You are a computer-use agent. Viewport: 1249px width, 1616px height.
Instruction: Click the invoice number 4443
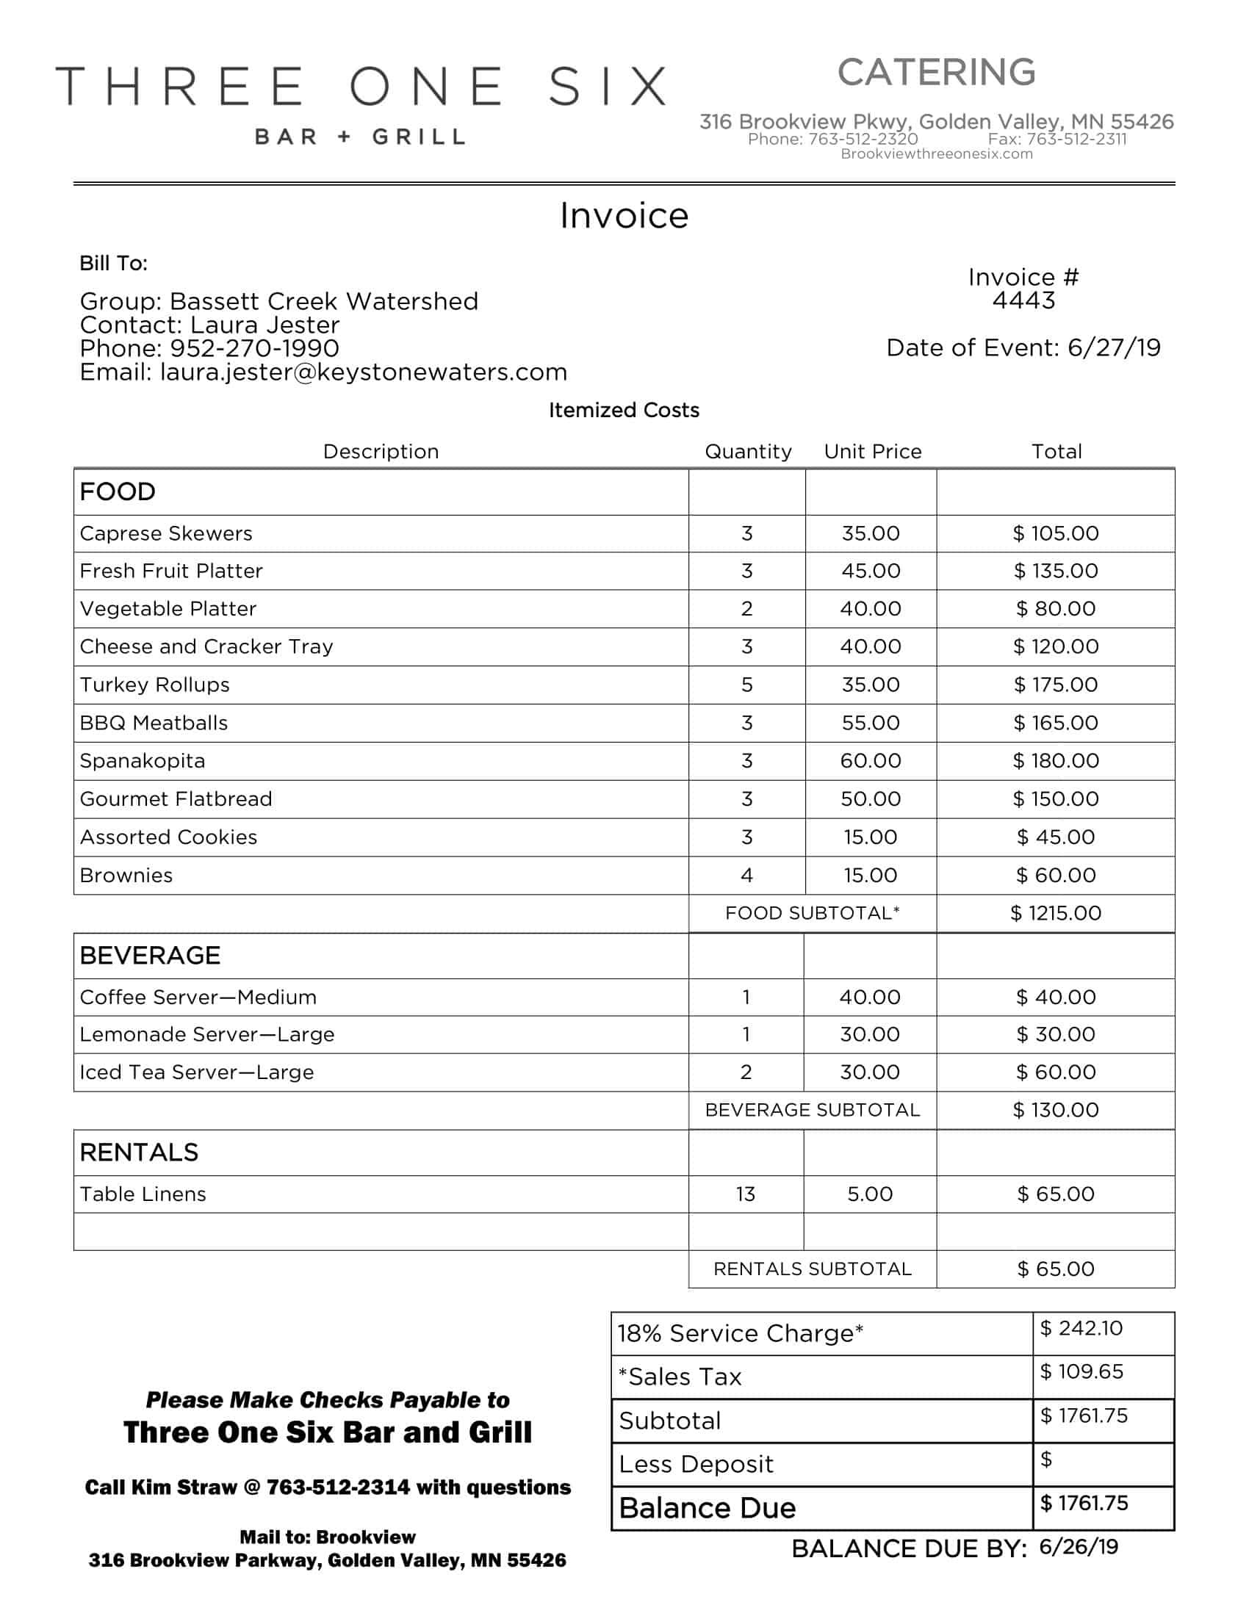click(x=1023, y=300)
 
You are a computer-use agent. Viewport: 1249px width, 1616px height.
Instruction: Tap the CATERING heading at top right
click(x=936, y=73)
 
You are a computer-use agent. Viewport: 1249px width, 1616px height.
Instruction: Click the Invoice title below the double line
click(x=624, y=216)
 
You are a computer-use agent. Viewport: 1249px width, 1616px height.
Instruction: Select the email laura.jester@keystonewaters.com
click(x=363, y=372)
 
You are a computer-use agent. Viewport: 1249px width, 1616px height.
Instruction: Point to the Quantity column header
click(x=747, y=451)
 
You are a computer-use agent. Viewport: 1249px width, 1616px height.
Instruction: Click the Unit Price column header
click(x=872, y=451)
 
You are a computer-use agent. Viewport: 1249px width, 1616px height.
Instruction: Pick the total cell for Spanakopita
click(x=1055, y=761)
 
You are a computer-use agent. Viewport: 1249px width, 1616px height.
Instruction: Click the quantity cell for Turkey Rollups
click(x=746, y=685)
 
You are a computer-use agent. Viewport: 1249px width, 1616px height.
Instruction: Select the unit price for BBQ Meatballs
click(x=870, y=723)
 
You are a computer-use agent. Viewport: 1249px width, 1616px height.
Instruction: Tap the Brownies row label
click(x=126, y=876)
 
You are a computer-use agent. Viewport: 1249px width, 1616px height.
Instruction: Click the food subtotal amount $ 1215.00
click(x=1055, y=913)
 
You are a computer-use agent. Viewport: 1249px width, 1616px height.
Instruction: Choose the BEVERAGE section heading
click(x=150, y=955)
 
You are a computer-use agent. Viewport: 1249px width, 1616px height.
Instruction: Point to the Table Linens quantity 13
click(x=745, y=1194)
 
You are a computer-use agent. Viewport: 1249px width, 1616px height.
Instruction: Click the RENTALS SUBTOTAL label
click(x=812, y=1269)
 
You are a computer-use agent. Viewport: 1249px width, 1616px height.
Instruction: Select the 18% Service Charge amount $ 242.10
click(x=1081, y=1328)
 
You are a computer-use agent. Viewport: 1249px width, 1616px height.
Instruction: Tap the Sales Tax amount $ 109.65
click(x=1081, y=1371)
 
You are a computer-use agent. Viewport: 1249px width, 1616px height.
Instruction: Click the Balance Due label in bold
click(x=707, y=1507)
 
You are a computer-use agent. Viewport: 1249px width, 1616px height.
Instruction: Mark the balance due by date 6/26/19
click(x=1078, y=1546)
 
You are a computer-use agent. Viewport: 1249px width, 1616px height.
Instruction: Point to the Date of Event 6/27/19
click(x=1113, y=347)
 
